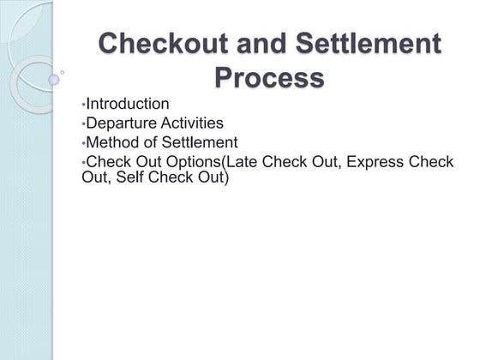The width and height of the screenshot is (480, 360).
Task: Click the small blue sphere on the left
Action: pos(54,79)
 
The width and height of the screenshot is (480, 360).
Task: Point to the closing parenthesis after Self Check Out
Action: pos(227,178)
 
